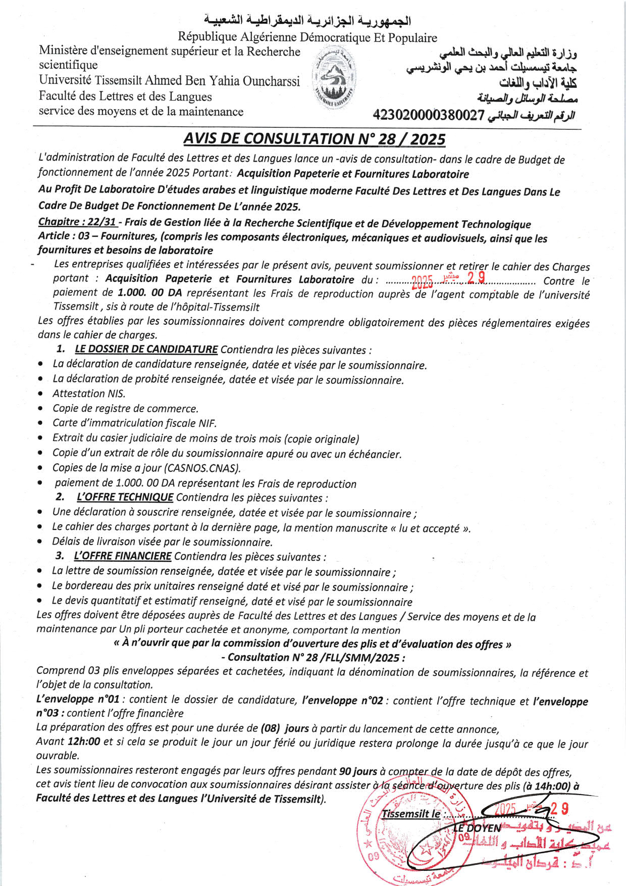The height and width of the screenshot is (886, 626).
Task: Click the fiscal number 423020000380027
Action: tap(429, 116)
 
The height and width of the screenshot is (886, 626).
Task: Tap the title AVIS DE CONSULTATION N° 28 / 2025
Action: tap(314, 139)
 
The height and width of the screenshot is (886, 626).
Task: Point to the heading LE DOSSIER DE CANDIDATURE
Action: tap(146, 349)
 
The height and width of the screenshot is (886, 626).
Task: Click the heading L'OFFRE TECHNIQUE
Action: tap(125, 497)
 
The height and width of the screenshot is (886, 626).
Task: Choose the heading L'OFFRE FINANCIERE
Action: tap(122, 556)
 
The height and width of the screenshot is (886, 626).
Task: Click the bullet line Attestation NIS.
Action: tap(89, 393)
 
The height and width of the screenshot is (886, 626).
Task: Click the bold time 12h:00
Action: tap(83, 742)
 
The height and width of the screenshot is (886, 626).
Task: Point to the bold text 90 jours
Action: tap(358, 771)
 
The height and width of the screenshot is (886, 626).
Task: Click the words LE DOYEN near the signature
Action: tap(476, 828)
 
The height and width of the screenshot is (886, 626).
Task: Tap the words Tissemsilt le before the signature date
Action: tap(410, 814)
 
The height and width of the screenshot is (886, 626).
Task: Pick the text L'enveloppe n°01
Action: tap(78, 700)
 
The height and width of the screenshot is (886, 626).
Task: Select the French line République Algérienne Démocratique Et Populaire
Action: tap(307, 37)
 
